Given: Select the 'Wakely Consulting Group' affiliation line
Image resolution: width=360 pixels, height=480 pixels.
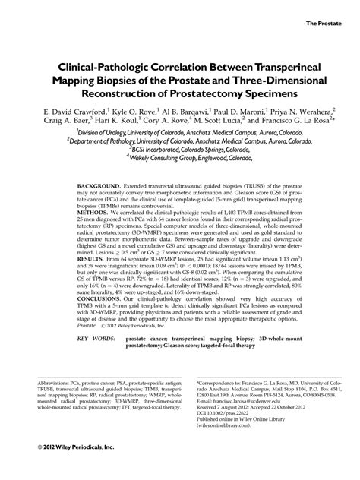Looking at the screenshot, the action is click(x=182, y=160).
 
